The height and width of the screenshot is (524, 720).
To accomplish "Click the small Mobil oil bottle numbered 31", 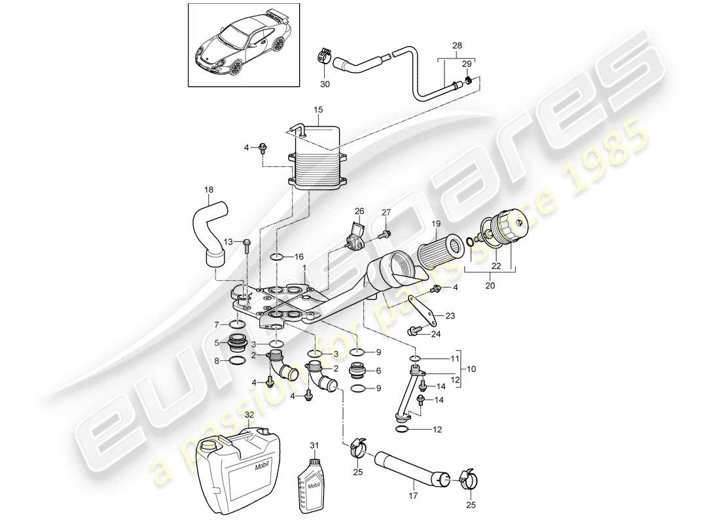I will coord(314,483).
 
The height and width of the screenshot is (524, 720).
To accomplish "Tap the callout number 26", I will coord(359,211).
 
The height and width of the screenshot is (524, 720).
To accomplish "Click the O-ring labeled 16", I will coord(277,256).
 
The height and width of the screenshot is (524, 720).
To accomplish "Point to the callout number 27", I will coord(386,212).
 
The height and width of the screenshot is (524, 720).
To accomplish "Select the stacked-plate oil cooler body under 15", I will coord(317,160).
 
